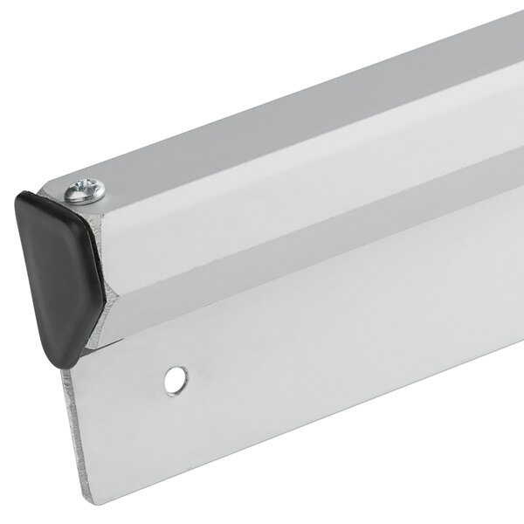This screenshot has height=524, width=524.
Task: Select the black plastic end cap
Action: click(x=54, y=262)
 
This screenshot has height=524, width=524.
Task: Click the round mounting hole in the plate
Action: click(x=176, y=379)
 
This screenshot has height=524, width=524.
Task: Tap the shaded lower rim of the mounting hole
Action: click(x=176, y=387)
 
